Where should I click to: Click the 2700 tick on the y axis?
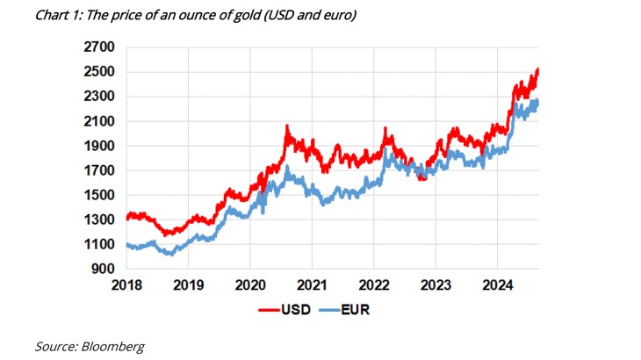pyautogui.click(x=97, y=47)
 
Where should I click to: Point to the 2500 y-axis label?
pyautogui.click(x=97, y=72)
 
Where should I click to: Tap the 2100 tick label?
pyautogui.click(x=97, y=121)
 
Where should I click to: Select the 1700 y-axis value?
pyautogui.click(x=97, y=170)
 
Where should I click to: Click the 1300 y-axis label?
pyautogui.click(x=97, y=220)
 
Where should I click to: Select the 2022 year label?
pyautogui.click(x=373, y=285)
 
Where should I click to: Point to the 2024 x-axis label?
pyautogui.click(x=497, y=285)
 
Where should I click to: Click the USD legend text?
pyautogui.click(x=294, y=309)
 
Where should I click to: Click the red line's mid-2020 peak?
pyautogui.click(x=286, y=128)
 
